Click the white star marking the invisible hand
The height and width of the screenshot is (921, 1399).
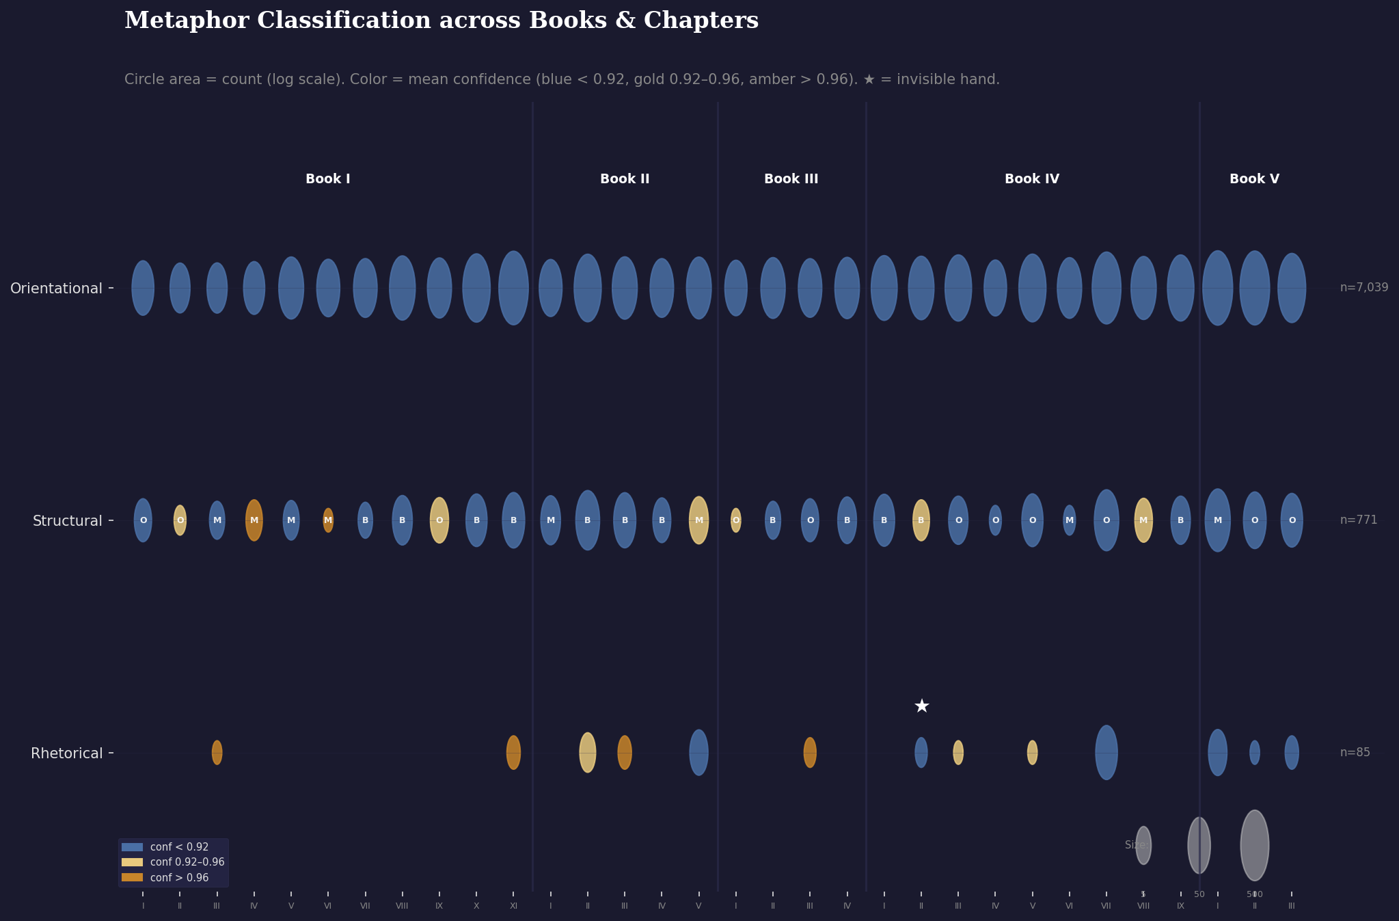click(x=921, y=706)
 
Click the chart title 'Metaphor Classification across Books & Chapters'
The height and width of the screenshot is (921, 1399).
click(x=441, y=21)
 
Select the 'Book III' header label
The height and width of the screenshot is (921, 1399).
click(x=791, y=179)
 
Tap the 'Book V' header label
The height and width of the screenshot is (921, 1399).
click(x=1254, y=179)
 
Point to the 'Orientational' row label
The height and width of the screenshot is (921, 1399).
click(x=56, y=289)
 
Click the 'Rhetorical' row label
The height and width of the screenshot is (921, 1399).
click(x=66, y=753)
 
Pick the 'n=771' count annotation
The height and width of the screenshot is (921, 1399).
click(x=1358, y=520)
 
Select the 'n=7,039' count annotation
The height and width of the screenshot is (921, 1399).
click(x=1363, y=288)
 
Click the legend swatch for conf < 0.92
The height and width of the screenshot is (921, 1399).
click(x=133, y=847)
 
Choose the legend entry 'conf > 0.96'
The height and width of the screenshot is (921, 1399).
click(x=179, y=878)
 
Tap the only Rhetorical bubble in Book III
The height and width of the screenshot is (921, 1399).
click(x=810, y=752)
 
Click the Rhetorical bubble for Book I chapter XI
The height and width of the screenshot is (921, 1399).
click(x=513, y=752)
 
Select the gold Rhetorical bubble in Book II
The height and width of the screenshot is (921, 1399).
click(x=588, y=752)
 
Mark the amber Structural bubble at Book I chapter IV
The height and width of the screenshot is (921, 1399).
click(x=254, y=520)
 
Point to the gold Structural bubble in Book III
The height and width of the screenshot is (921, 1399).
click(x=736, y=520)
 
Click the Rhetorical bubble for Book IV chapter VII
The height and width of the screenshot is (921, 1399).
click(x=1106, y=752)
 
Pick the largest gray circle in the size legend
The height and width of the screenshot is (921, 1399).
click(x=1255, y=845)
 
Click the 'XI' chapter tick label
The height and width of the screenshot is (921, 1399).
click(x=513, y=906)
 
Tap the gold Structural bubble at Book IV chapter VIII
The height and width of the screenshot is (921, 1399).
click(x=1143, y=520)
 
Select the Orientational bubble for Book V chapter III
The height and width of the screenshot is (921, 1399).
click(x=1292, y=288)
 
